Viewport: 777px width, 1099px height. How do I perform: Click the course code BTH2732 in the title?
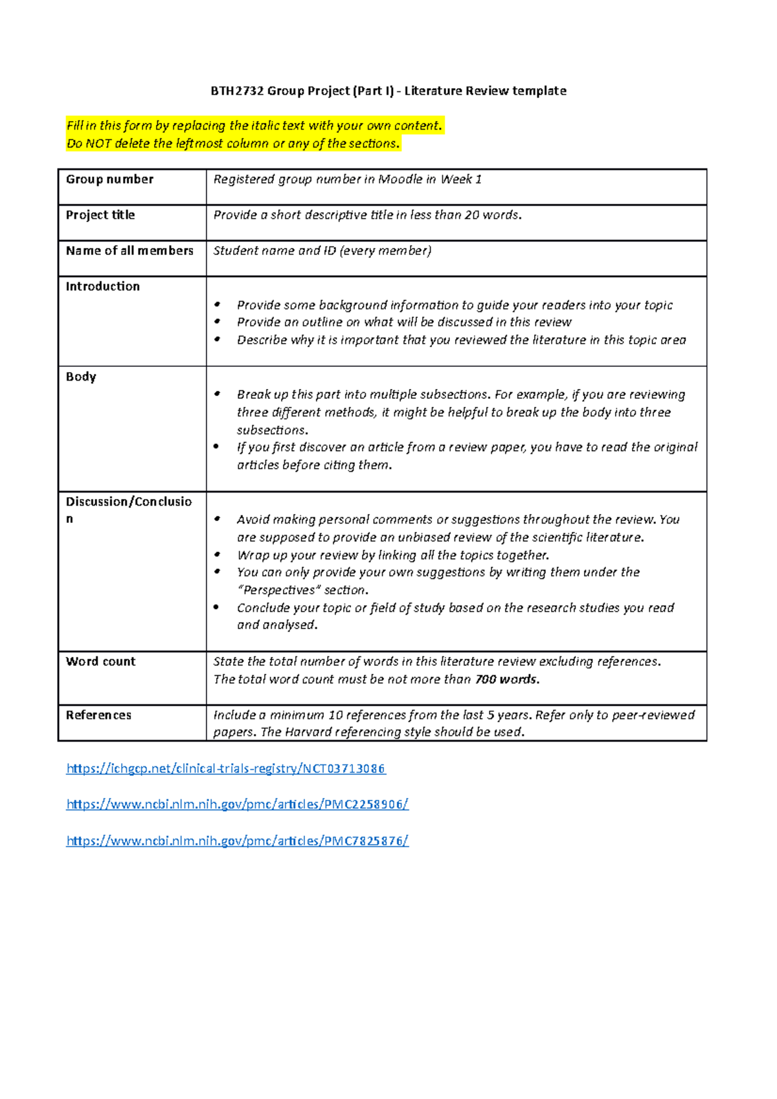click(237, 91)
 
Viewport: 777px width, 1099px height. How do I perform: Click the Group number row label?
click(109, 179)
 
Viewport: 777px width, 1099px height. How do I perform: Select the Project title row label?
click(100, 215)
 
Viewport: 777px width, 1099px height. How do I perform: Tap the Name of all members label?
click(129, 250)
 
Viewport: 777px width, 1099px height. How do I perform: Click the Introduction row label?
click(102, 286)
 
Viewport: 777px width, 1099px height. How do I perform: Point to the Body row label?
click(81, 377)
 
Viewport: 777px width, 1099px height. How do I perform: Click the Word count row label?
click(100, 661)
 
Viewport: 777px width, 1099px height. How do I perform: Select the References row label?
click(98, 715)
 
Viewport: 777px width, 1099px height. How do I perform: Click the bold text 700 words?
click(506, 680)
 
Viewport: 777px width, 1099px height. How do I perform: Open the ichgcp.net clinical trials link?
click(225, 769)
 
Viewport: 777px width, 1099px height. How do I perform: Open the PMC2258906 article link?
click(237, 805)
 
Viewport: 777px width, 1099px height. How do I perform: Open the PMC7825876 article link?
click(237, 841)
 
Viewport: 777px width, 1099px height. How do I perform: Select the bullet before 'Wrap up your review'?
click(218, 555)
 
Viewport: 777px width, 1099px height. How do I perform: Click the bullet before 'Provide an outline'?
click(218, 322)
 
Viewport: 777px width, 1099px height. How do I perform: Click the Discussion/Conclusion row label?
click(128, 502)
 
